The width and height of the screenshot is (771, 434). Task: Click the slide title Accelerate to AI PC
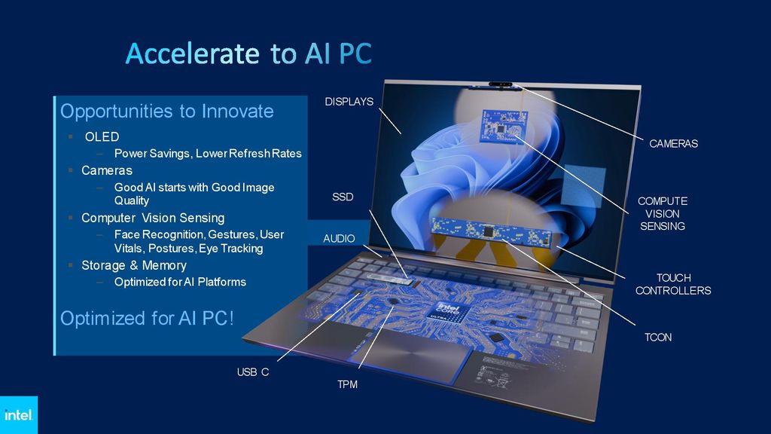[248, 54]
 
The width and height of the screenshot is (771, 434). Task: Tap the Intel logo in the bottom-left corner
[18, 415]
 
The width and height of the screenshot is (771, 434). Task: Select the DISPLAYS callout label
[349, 102]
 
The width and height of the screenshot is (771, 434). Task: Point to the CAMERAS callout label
[673, 143]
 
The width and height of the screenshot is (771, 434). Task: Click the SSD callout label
[343, 197]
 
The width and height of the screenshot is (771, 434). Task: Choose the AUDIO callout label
[339, 238]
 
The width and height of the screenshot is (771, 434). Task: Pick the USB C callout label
[253, 371]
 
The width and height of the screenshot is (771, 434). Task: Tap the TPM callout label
[347, 385]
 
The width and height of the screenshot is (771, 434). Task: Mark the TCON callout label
[657, 337]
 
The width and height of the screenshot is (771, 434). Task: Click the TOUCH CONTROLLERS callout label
[673, 284]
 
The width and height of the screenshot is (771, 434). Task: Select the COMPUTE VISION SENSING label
[663, 213]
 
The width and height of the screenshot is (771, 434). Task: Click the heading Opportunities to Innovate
[166, 112]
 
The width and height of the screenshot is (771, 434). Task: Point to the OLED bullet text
[102, 136]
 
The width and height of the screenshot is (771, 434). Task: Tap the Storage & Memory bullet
[133, 265]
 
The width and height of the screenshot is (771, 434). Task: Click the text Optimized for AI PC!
[147, 318]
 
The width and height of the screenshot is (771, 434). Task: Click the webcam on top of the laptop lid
[501, 85]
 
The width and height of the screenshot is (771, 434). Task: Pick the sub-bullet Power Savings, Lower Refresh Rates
[207, 154]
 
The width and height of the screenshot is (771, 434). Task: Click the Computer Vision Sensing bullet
[152, 218]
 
